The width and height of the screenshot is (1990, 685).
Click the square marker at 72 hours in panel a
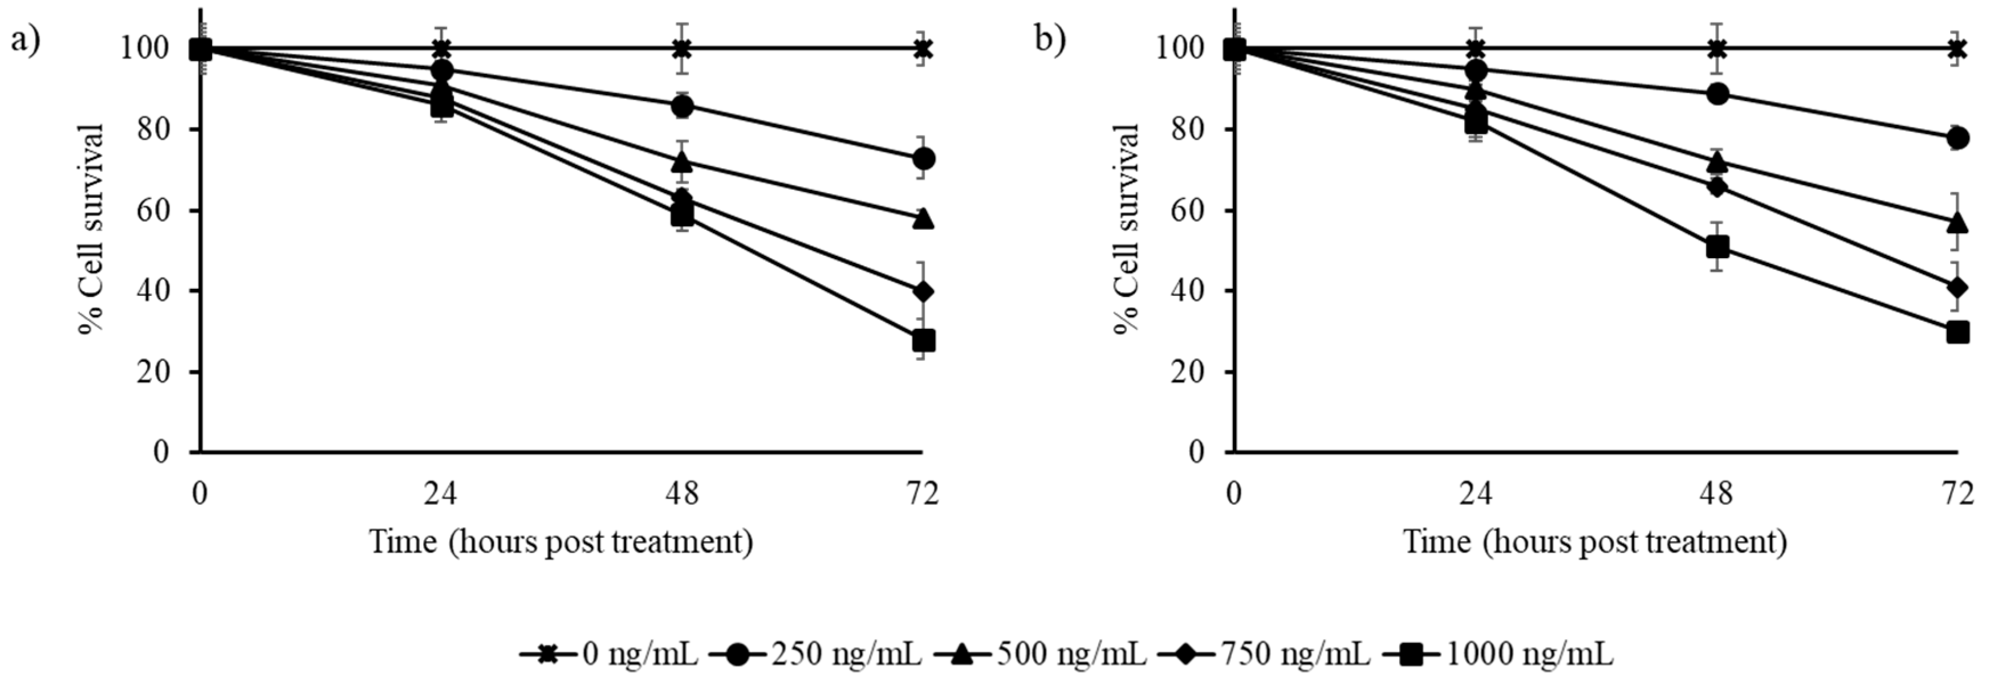pos(923,341)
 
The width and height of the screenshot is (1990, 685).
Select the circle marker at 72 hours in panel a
pos(924,159)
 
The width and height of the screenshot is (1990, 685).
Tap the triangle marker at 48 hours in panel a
pos(681,162)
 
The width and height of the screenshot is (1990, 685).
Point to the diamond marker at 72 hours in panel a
pos(923,292)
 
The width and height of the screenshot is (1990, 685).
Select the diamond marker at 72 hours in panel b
pos(1957,288)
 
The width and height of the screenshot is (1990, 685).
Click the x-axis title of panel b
pos(1595,542)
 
